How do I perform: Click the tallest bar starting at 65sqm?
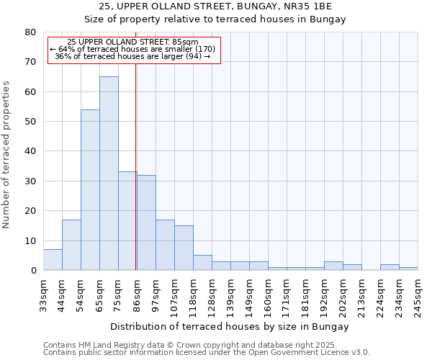pyautogui.click(x=109, y=173)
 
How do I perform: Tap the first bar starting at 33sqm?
pyautogui.click(x=53, y=260)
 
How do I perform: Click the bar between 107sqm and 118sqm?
pyautogui.click(x=184, y=248)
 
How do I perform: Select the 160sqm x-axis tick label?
pyautogui.click(x=269, y=295)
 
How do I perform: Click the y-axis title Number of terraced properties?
pyautogui.click(x=7, y=154)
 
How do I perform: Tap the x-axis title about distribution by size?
pyautogui.click(x=230, y=327)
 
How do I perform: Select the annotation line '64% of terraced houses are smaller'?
pyautogui.click(x=132, y=49)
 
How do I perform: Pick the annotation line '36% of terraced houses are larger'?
pyautogui.click(x=132, y=56)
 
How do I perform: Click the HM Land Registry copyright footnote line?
pyautogui.click(x=205, y=345)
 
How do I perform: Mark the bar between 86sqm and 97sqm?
pyautogui.click(x=146, y=222)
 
